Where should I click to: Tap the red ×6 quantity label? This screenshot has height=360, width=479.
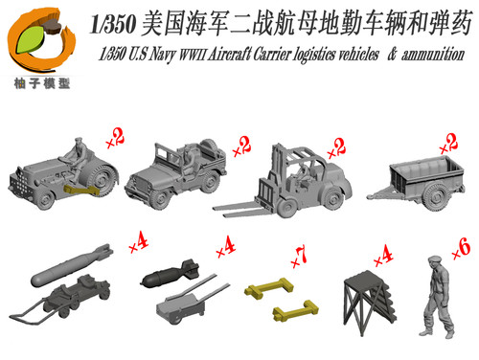click(x=462, y=248)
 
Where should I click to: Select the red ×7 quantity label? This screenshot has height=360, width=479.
click(x=299, y=257)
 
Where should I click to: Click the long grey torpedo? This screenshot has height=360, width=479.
click(x=72, y=265)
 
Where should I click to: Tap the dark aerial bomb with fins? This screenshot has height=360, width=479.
click(x=171, y=274)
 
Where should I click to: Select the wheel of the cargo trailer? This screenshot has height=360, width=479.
click(x=435, y=195)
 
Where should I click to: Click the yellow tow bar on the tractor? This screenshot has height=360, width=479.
click(x=82, y=190)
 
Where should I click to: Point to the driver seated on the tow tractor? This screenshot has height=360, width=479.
click(x=77, y=160)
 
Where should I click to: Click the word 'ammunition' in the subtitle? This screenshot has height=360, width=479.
click(x=433, y=55)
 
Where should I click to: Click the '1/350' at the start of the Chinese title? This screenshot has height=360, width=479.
click(x=113, y=25)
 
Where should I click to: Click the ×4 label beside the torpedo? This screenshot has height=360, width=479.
click(x=139, y=243)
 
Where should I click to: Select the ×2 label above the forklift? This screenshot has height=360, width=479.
click(x=336, y=148)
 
